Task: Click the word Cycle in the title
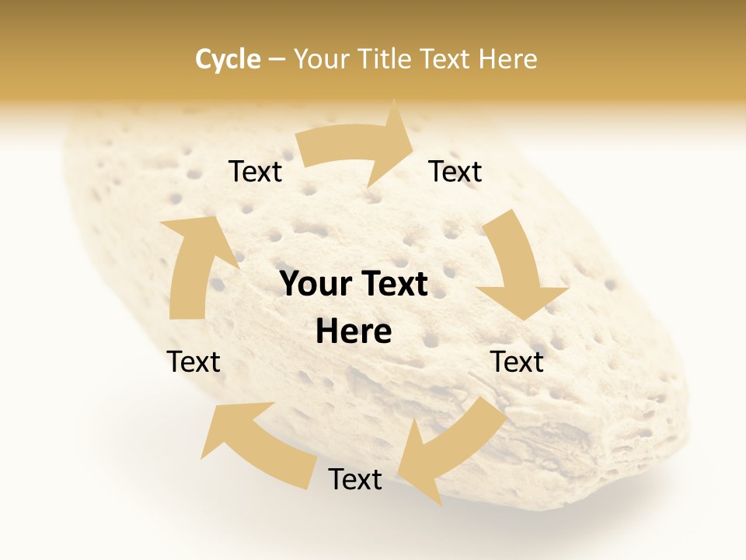228,59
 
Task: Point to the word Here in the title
508,59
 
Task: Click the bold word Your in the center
313,284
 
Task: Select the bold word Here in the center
354,332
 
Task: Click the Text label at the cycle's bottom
355,479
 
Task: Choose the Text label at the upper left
255,171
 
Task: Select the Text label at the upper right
455,171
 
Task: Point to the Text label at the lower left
193,362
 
